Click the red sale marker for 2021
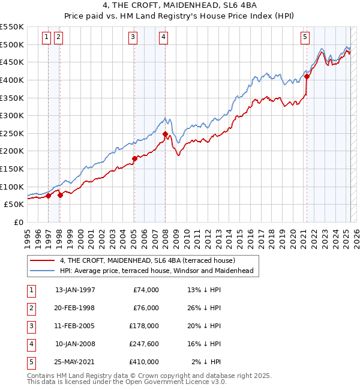[307, 76]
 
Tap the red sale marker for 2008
[165, 134]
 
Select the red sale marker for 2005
[134, 159]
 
